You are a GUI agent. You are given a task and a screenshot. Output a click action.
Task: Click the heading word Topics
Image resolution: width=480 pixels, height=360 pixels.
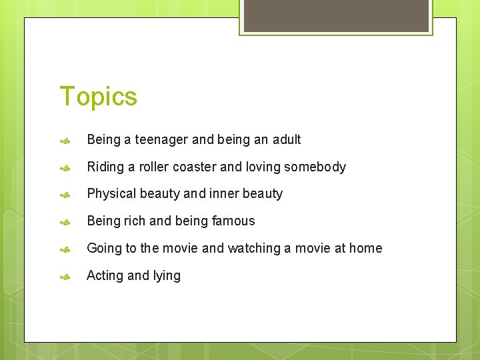[98, 97]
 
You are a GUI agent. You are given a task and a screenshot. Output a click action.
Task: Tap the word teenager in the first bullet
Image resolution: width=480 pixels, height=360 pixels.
[161, 139]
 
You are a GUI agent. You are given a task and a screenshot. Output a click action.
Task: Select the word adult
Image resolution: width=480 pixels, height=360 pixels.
[285, 139]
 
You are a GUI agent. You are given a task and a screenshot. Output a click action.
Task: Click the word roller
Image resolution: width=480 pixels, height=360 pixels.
[154, 167]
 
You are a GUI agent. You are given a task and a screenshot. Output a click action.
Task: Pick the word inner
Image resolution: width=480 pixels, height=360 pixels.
[227, 194]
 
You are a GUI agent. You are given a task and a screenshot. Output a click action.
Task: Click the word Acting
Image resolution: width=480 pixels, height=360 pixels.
[105, 275]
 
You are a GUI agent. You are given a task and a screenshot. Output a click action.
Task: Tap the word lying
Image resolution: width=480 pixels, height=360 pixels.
[167, 276]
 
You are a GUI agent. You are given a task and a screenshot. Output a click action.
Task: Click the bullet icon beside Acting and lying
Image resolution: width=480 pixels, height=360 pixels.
[65, 276]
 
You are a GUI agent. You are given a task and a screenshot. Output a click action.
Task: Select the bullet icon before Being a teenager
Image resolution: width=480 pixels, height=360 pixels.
[65, 140]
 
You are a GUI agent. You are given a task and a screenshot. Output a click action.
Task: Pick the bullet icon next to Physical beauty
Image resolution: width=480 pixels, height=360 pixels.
[65, 195]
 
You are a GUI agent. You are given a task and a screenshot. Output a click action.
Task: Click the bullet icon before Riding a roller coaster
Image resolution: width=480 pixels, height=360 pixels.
[65, 167]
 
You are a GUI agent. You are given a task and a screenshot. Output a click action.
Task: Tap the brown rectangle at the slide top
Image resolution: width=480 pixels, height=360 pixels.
[336, 15]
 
